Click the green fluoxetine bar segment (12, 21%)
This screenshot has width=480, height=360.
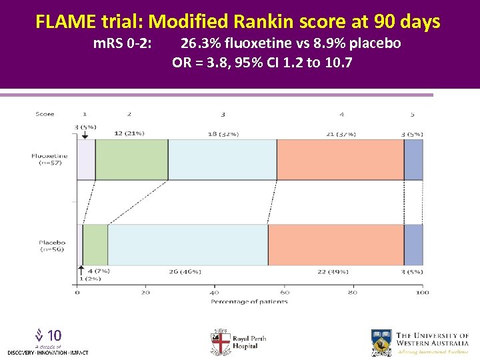point(131,160)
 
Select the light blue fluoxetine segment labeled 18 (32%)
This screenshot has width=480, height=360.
point(222,160)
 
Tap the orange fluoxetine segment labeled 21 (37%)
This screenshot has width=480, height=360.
point(340,160)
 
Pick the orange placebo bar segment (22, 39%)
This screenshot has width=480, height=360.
point(336,245)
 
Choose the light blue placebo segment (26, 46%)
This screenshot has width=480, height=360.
point(188,245)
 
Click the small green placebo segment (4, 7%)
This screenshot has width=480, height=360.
point(95,245)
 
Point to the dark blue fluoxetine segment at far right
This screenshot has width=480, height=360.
point(413,160)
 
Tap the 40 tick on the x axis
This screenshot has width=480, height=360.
point(215,293)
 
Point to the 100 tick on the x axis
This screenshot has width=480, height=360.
point(422,293)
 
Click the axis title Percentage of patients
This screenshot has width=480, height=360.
point(249,302)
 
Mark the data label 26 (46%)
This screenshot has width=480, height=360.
point(185,272)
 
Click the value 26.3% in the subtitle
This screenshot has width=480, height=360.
point(198,44)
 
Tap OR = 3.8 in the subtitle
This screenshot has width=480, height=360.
point(198,63)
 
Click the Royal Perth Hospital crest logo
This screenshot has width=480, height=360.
point(220,342)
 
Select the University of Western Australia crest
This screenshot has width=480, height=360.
point(382,342)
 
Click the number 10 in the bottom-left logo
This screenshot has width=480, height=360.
point(55,335)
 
